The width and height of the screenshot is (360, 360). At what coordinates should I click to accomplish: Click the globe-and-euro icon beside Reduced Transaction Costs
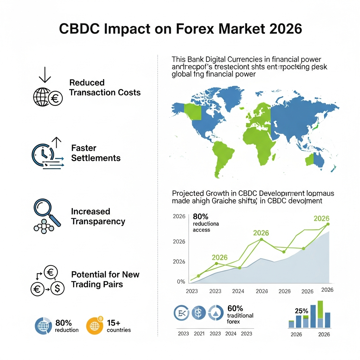[x=47, y=97]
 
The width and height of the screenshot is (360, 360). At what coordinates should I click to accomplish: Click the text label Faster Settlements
[x=96, y=153]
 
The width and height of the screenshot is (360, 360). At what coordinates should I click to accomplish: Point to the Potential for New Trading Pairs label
[x=105, y=279]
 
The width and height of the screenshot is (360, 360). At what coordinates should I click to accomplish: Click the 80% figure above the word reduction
[x=64, y=323]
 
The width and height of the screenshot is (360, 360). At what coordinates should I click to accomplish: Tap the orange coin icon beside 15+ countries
[x=95, y=325]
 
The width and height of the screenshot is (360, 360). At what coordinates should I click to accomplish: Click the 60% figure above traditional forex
[x=235, y=308]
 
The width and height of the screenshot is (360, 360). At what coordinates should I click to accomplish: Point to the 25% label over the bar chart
[x=301, y=311]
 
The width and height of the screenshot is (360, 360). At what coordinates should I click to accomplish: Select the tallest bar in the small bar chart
[x=320, y=314]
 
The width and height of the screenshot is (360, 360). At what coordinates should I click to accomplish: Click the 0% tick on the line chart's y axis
[x=181, y=281]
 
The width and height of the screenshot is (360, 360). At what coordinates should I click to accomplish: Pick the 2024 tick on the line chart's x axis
[x=238, y=291]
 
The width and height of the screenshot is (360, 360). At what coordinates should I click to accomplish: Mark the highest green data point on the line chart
[x=328, y=224]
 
